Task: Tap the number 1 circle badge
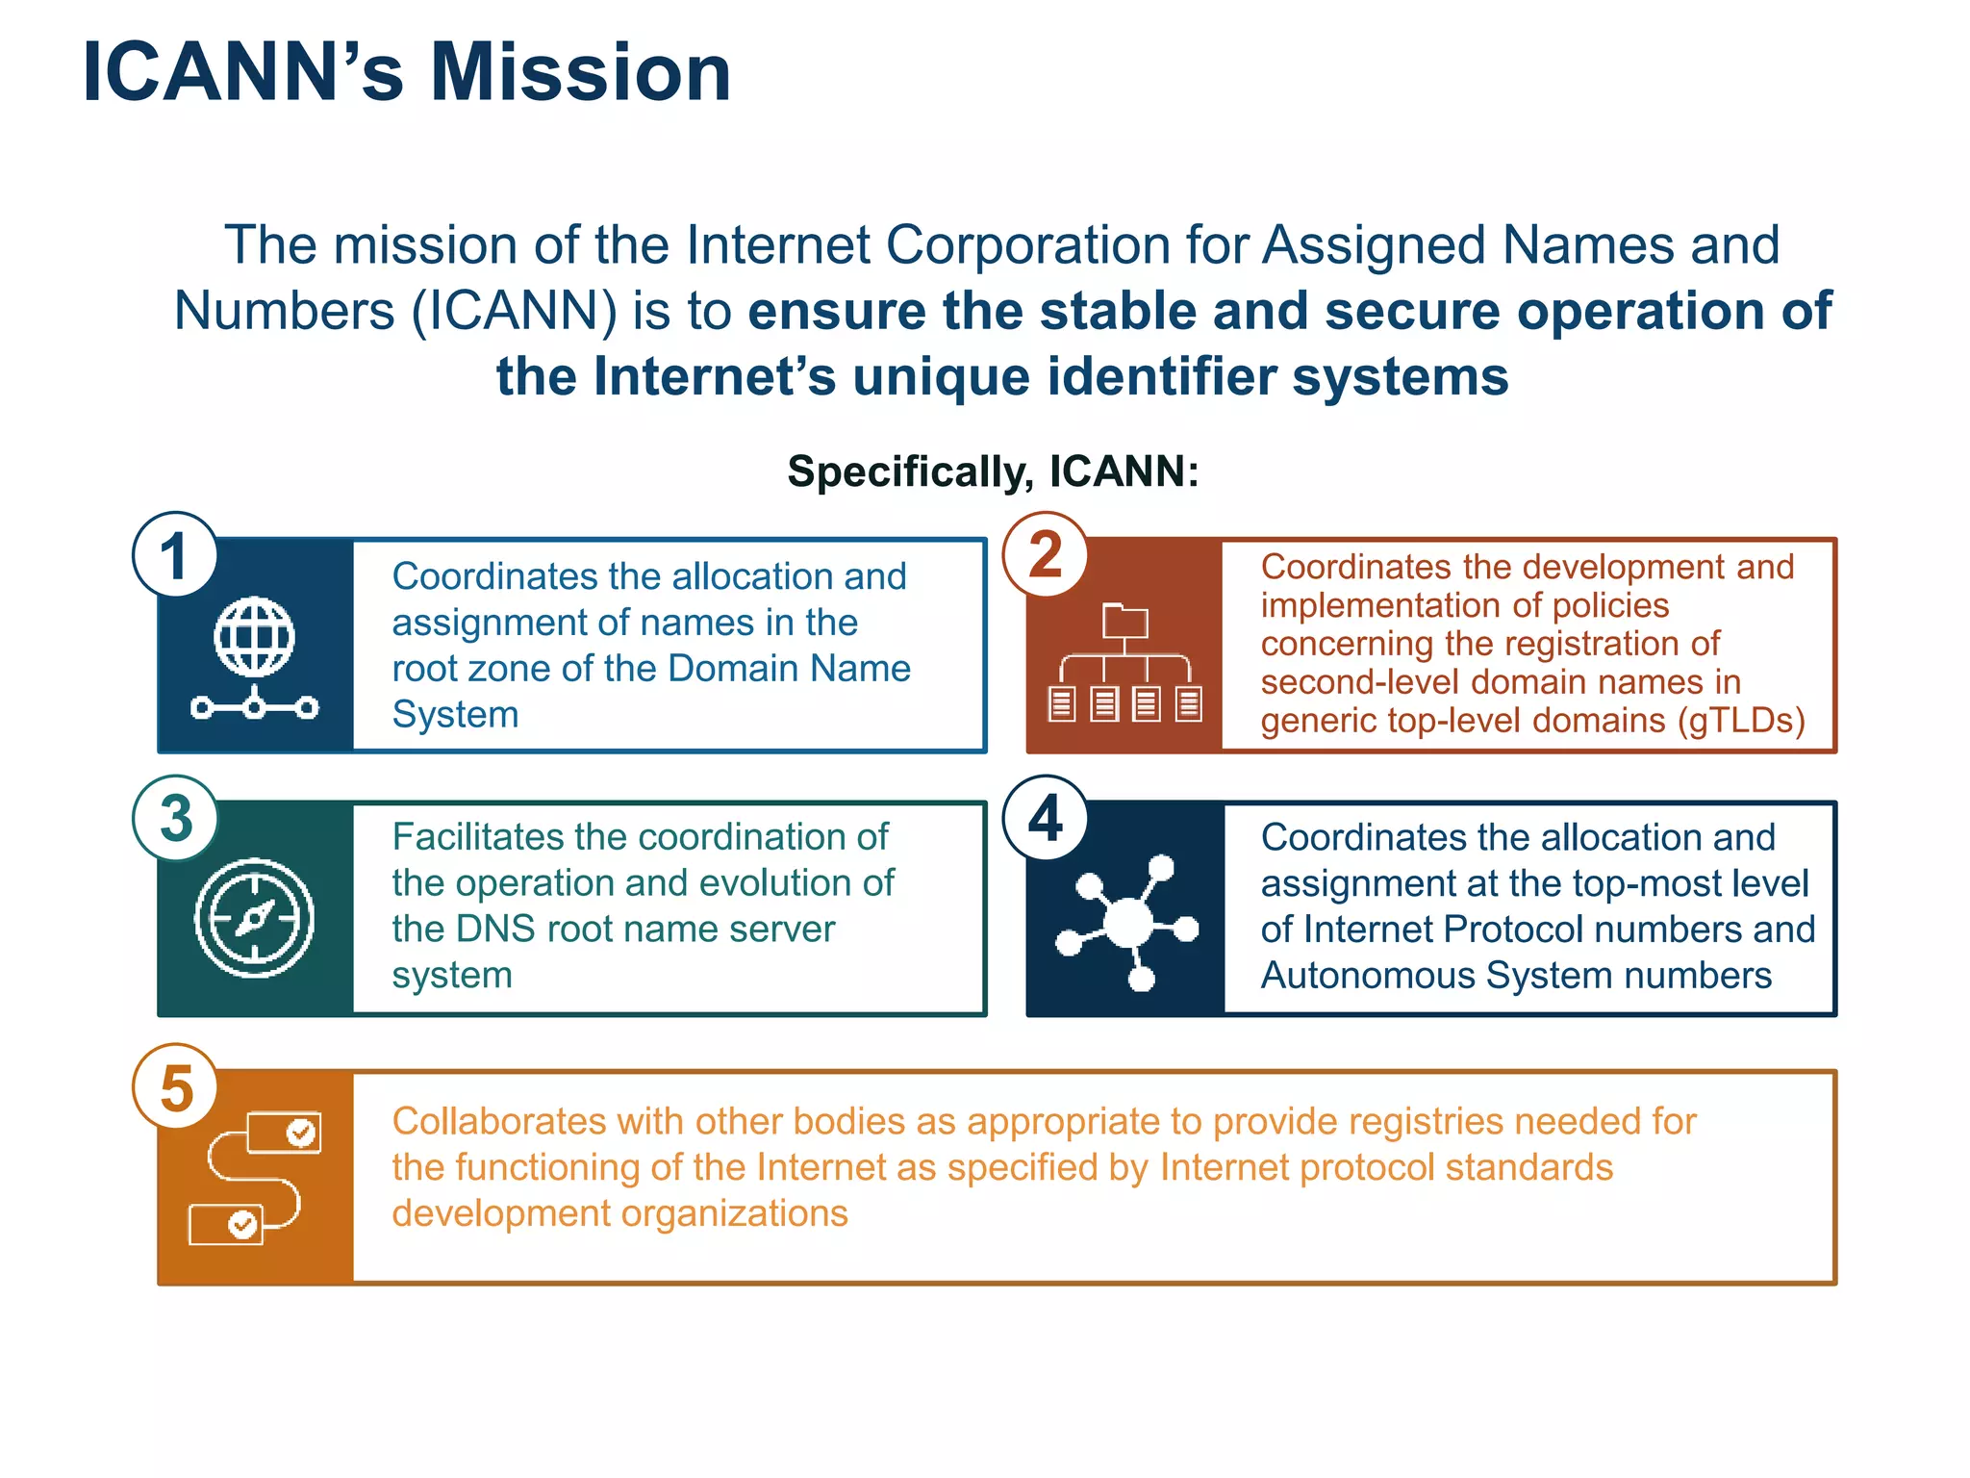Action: pos(174,555)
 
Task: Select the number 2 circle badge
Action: pos(1046,555)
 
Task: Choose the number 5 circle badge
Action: pos(176,1087)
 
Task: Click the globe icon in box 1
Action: pos(255,637)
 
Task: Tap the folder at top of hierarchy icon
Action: pos(1124,621)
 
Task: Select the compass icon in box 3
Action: pos(255,918)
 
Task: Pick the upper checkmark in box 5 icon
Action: pos(301,1133)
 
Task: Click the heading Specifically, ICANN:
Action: pos(993,471)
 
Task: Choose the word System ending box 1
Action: pos(455,714)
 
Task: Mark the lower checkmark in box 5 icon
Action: pos(242,1224)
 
